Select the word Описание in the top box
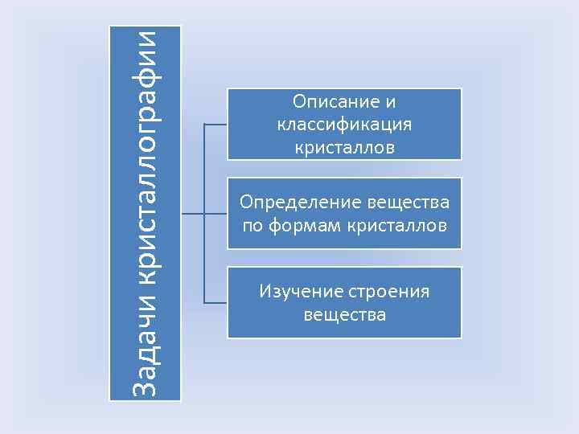pyautogui.click(x=329, y=102)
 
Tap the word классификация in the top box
pyautogui.click(x=344, y=125)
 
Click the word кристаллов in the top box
pyautogui.click(x=344, y=147)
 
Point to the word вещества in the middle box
pyautogui.click(x=408, y=202)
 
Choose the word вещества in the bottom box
pyautogui.click(x=344, y=314)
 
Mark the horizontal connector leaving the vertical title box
pyautogui.click(x=193, y=214)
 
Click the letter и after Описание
pyautogui.click(x=391, y=102)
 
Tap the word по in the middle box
pyautogui.click(x=252, y=225)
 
